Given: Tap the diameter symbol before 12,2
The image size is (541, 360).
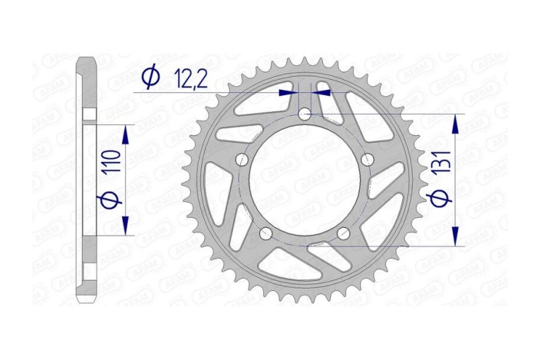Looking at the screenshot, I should pyautogui.click(x=150, y=76).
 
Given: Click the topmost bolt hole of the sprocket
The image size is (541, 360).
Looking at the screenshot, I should pyautogui.click(x=305, y=114).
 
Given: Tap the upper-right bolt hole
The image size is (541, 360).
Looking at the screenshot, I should pyautogui.click(x=367, y=160).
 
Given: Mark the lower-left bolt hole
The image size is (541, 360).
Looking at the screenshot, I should pyautogui.click(x=267, y=233).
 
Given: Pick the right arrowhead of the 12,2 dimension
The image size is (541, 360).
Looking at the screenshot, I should pyautogui.click(x=320, y=91).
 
